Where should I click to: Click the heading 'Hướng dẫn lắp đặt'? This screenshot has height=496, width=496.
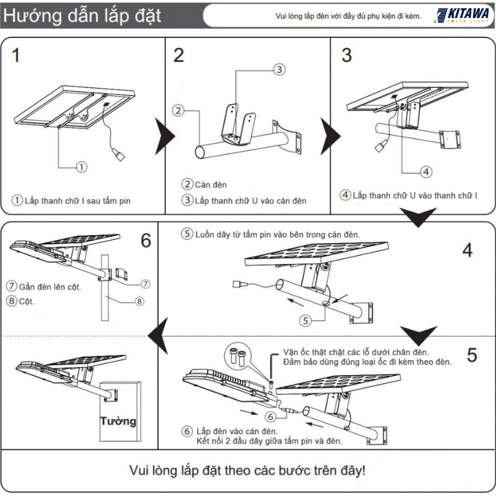click(82, 16)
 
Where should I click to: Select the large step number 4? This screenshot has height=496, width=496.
click(467, 250)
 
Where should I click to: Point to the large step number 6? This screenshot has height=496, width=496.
click(146, 241)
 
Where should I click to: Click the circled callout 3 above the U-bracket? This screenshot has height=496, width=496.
click(279, 69)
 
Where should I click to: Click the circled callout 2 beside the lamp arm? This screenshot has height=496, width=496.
click(178, 112)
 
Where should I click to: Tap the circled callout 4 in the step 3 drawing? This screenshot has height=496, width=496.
click(426, 172)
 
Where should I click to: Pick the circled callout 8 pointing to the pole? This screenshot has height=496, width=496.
click(139, 301)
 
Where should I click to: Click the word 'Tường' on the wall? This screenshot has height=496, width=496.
click(118, 421)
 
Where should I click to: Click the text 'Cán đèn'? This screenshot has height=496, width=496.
click(211, 184)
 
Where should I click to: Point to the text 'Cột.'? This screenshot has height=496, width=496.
click(27, 302)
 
